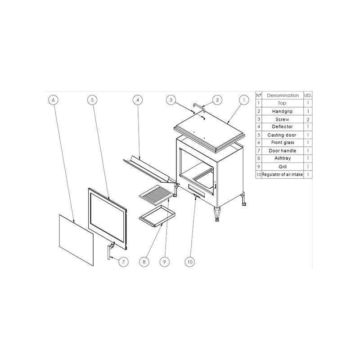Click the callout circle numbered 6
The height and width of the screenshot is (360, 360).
pos(53,100)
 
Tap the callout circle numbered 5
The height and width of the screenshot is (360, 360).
pos(92,100)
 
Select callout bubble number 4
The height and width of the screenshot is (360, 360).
pos(138,100)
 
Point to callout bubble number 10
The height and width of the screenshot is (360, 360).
pos(190,262)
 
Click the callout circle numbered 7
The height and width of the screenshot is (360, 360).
pos(123,262)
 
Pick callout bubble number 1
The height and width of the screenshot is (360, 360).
pos(244,100)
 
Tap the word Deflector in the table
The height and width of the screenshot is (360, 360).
pos(282,127)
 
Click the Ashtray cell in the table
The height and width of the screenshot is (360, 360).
pos(283,158)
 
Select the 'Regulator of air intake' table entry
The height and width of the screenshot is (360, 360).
pos(283,175)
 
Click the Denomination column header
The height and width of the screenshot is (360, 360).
pos(283,95)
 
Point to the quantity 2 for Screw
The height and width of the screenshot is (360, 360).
pos(308,120)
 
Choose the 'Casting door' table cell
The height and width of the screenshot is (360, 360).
pos(282,135)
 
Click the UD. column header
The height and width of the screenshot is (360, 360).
pos(308,95)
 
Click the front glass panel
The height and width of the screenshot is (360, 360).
pos(76,240)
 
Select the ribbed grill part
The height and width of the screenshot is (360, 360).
pos(156,195)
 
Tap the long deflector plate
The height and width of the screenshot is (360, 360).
pos(149,170)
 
